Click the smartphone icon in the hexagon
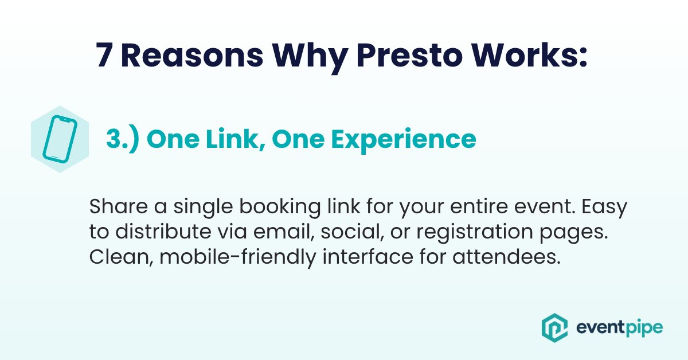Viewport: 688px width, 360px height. click(x=60, y=138)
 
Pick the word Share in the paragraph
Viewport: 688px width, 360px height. click(x=115, y=207)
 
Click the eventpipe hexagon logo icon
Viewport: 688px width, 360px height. click(x=554, y=327)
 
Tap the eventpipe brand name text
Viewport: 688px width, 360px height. click(x=619, y=328)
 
